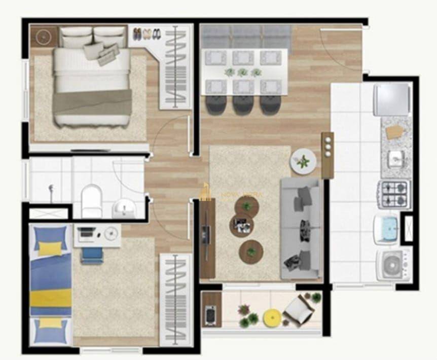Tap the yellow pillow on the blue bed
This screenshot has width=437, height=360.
[x=51, y=248]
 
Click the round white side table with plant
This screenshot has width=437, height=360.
[x=303, y=162]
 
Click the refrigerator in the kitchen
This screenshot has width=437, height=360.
[x=392, y=99]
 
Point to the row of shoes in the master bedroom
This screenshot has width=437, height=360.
[x=147, y=34]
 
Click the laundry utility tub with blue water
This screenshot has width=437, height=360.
[x=387, y=229]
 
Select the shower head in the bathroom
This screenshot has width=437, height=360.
[x=51, y=190]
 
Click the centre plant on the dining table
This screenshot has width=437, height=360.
[x=243, y=72]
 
